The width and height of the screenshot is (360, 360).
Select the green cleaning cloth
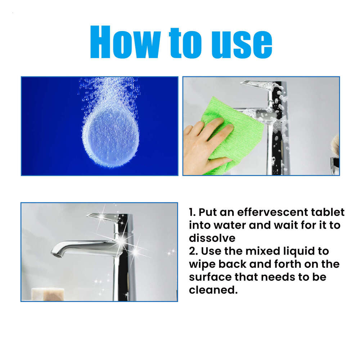[230, 133]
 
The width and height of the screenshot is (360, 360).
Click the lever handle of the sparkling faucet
[104, 217]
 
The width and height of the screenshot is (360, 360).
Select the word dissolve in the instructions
[212, 238]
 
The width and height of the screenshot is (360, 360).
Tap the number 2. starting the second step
[193, 251]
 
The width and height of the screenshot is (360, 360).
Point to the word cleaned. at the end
[213, 290]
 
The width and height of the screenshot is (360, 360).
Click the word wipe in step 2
[202, 264]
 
